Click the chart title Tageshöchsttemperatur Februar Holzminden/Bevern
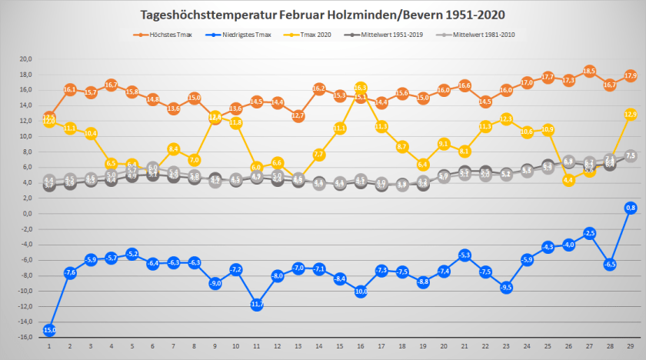pos(323,15)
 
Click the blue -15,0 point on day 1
pos(48,330)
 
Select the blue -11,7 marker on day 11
pos(257,305)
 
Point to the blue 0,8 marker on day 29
pos(631,208)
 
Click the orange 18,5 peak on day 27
pos(589,71)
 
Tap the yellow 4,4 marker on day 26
pos(568,180)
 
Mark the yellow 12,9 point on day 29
pos(631,114)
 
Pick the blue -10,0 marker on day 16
pos(361,292)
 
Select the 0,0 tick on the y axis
pos(26,214)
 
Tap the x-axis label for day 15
pos(340,347)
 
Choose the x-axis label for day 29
pos(631,347)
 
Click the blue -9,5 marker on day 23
pos(506,288)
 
